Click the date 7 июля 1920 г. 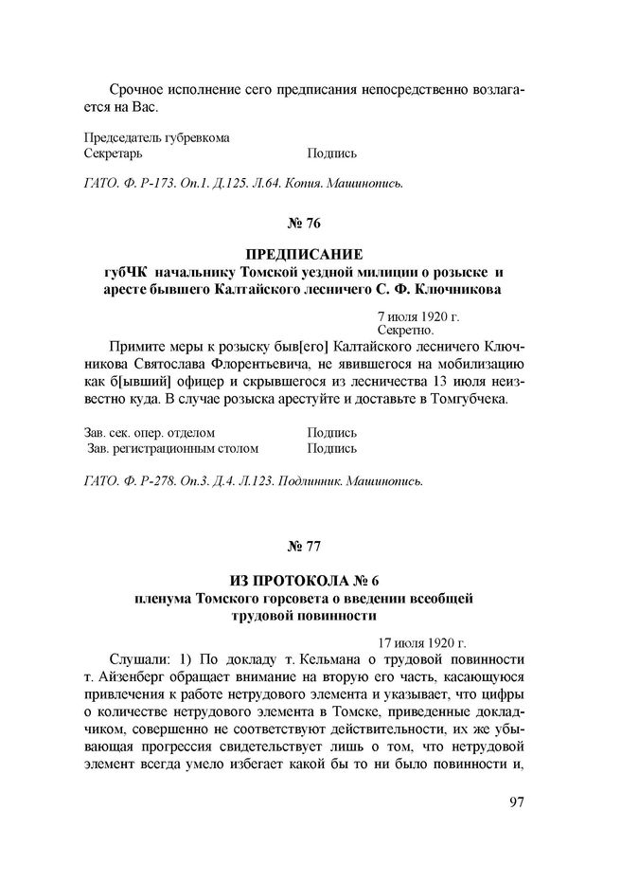point(417,315)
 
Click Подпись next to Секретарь point(331,153)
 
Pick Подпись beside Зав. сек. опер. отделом point(331,432)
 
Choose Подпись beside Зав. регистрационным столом point(331,448)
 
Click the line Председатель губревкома point(157,136)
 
